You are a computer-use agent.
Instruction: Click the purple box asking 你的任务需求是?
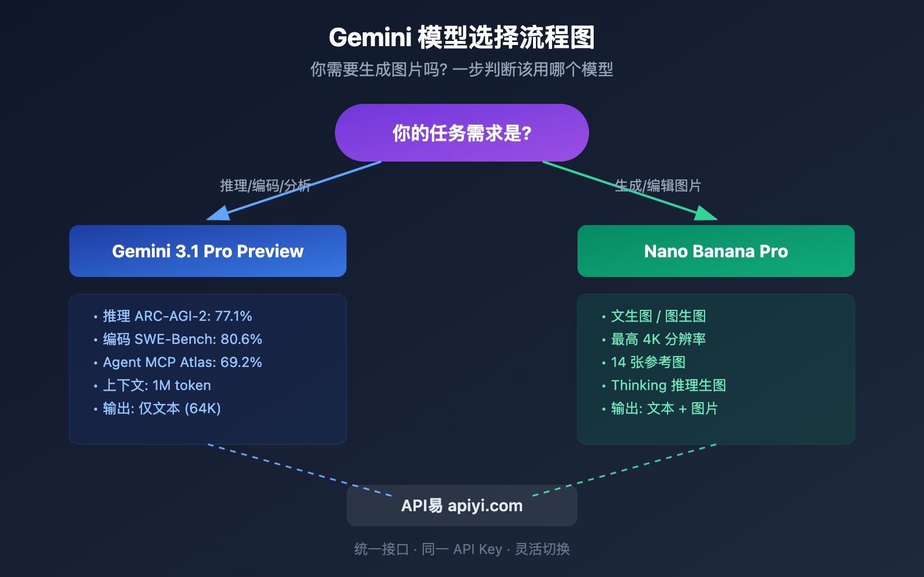pos(462,133)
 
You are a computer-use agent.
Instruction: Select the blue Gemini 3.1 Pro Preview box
pos(208,251)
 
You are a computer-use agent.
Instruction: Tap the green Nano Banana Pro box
pos(716,251)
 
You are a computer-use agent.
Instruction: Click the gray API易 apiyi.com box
pos(462,505)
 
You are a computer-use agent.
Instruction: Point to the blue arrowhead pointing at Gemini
pos(219,214)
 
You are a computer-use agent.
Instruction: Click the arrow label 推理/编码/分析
pos(265,185)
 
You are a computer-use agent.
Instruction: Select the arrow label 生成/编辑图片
pos(658,185)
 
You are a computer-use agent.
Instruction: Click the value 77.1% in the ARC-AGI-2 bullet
pos(233,316)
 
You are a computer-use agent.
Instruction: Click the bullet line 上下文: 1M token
pos(157,385)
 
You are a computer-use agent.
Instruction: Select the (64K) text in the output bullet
pos(203,409)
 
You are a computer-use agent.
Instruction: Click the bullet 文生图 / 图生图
pos(658,316)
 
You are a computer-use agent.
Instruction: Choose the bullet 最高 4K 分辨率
pos(658,339)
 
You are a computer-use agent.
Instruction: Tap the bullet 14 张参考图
pos(648,362)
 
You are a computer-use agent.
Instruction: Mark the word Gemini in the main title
pos(370,38)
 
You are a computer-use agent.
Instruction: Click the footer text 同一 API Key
pos(461,549)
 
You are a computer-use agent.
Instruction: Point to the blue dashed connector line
pos(300,470)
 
